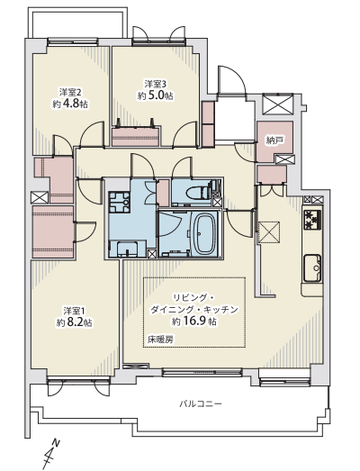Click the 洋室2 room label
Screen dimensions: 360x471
(x=70, y=91)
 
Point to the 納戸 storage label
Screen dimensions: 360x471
(x=275, y=140)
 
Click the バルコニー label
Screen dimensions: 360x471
(x=201, y=403)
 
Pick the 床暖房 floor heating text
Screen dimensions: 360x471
(x=160, y=340)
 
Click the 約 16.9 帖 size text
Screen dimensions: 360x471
(x=194, y=322)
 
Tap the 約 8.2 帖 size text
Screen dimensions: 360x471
(x=75, y=322)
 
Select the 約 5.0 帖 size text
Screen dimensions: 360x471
(x=156, y=95)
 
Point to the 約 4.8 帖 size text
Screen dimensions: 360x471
(x=70, y=104)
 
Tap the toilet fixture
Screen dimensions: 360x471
(x=201, y=191)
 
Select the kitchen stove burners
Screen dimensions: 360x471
(x=312, y=220)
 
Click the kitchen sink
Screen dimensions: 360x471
(x=312, y=267)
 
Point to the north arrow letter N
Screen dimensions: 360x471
(x=55, y=442)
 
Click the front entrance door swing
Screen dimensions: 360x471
(x=232, y=79)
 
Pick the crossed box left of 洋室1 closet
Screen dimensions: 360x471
(x=40, y=197)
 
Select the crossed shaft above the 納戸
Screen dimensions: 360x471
(x=277, y=104)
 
